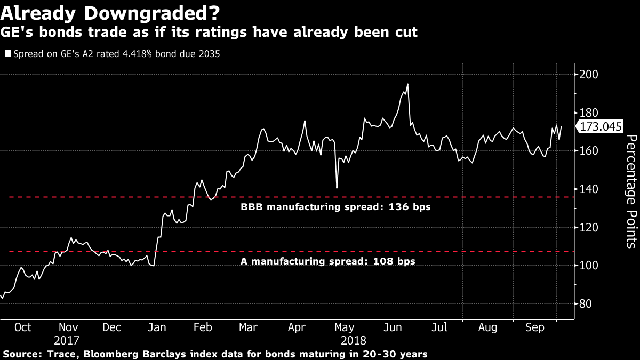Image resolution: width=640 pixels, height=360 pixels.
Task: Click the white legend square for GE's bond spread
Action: (x=7, y=54)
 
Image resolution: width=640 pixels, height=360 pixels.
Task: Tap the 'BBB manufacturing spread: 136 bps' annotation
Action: (x=335, y=207)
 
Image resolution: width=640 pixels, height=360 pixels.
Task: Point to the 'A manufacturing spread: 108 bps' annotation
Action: (x=327, y=261)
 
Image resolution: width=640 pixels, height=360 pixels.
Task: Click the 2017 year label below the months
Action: (x=67, y=340)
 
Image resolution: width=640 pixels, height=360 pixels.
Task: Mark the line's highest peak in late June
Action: (x=407, y=84)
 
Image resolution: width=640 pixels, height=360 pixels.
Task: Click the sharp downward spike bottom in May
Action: (x=337, y=188)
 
